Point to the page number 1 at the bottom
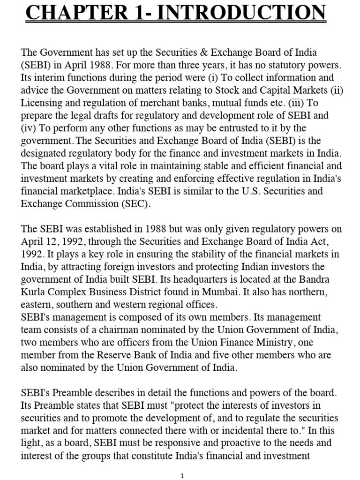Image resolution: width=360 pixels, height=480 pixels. [x=182, y=475]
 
